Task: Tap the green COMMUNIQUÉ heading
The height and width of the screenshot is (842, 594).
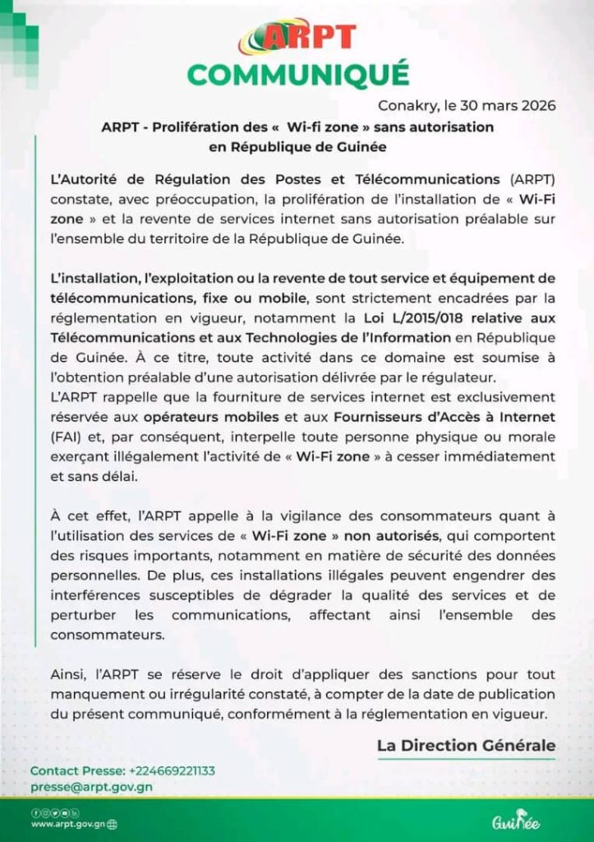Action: click(x=297, y=74)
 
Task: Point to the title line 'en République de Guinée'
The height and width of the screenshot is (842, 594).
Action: click(x=297, y=147)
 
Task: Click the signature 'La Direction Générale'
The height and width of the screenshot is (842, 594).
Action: click(x=466, y=746)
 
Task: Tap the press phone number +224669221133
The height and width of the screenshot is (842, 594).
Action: click(x=171, y=770)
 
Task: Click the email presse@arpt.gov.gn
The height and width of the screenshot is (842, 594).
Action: click(x=91, y=786)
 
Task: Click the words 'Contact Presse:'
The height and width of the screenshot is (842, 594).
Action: click(x=78, y=770)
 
